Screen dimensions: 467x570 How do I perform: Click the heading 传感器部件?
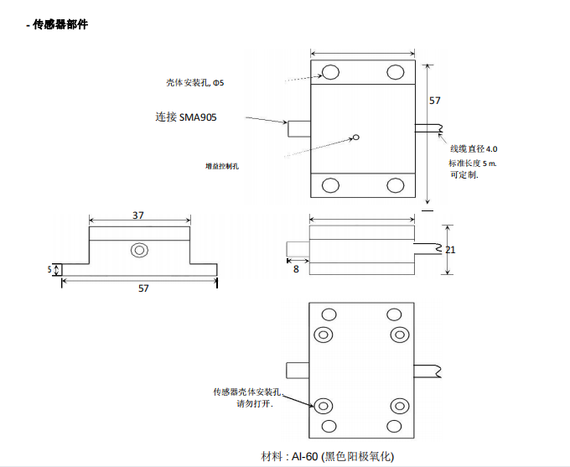(59, 24)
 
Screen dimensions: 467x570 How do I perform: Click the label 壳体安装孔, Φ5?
(194, 83)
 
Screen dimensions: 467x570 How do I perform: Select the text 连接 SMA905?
(185, 117)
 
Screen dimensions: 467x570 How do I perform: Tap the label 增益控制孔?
(222, 166)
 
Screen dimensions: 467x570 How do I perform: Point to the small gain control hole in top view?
(356, 138)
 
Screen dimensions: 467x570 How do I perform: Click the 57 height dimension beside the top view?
(434, 101)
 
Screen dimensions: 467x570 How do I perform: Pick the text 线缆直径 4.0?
(474, 148)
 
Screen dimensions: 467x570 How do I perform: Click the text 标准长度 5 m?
(473, 163)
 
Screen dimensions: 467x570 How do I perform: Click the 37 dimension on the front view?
(137, 215)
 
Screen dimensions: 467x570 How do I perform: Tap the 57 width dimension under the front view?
(143, 288)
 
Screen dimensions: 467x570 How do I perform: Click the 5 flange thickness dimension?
(49, 270)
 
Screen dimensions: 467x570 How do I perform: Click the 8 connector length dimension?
(296, 268)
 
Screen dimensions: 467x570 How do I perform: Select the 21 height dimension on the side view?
(450, 250)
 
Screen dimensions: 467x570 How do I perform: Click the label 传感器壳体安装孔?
(250, 392)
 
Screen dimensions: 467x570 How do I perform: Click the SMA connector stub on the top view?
(299, 130)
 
